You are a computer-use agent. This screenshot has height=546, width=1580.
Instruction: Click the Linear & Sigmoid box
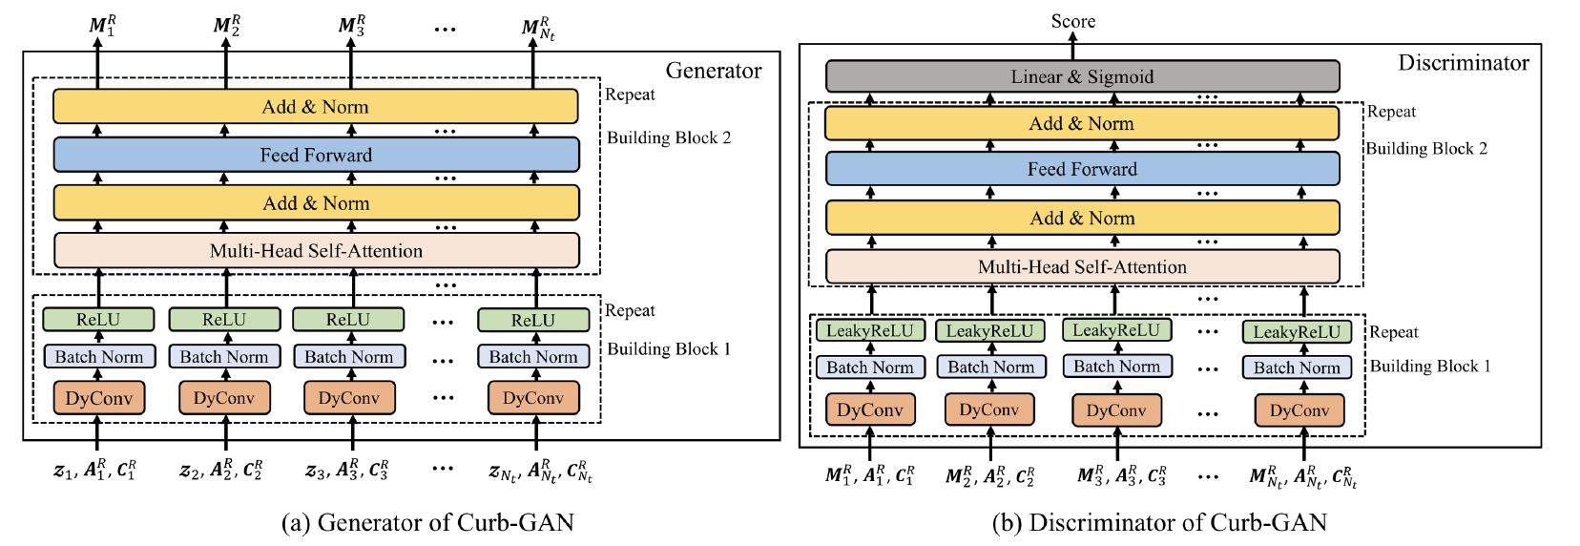[1082, 76]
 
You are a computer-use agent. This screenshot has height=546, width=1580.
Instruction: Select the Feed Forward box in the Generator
[316, 155]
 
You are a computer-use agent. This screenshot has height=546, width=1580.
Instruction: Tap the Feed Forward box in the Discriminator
[1082, 169]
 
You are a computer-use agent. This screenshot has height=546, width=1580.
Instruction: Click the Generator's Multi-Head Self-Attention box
[316, 251]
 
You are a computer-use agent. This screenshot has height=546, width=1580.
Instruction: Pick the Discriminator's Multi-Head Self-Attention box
[1082, 267]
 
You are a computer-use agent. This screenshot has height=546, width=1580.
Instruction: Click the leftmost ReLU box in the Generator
[98, 320]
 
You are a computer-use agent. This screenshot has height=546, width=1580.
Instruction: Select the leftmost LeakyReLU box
[869, 331]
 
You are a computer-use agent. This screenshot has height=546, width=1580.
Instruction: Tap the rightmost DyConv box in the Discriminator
[1299, 410]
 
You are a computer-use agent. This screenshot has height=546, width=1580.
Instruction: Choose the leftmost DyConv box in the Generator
[99, 398]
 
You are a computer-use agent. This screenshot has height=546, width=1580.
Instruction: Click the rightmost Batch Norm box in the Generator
[533, 357]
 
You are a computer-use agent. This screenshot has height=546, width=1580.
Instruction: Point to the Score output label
[1073, 21]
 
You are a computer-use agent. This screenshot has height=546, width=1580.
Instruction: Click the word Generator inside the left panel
[713, 71]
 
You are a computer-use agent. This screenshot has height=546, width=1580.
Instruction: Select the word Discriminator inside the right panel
[1463, 63]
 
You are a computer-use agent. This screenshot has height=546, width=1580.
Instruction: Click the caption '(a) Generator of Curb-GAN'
[427, 522]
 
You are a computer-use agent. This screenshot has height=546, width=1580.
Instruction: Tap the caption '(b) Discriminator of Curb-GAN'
[1159, 522]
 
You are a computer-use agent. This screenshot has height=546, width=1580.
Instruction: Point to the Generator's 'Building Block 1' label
[669, 348]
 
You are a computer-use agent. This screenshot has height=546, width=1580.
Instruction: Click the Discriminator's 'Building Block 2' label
[1426, 148]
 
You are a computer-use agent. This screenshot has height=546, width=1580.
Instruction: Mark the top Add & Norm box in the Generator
[316, 107]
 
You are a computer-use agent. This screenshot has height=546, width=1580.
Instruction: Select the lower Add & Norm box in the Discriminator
[1082, 219]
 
